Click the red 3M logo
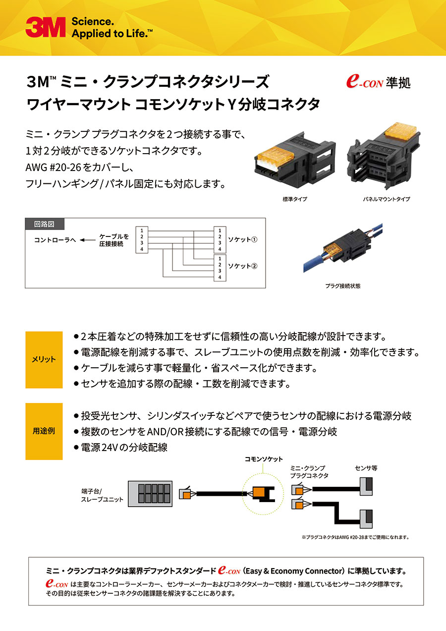45,28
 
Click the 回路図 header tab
45,224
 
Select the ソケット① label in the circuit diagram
243,239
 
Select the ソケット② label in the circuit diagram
243,266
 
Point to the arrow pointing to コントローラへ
86,240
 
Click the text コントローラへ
55,240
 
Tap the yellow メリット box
44,360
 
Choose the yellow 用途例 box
44,431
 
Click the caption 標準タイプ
295,199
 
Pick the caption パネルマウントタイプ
386,199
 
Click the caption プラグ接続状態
342,286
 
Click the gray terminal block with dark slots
150,494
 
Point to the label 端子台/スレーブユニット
102,495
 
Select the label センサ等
366,468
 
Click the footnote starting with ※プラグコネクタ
355,537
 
